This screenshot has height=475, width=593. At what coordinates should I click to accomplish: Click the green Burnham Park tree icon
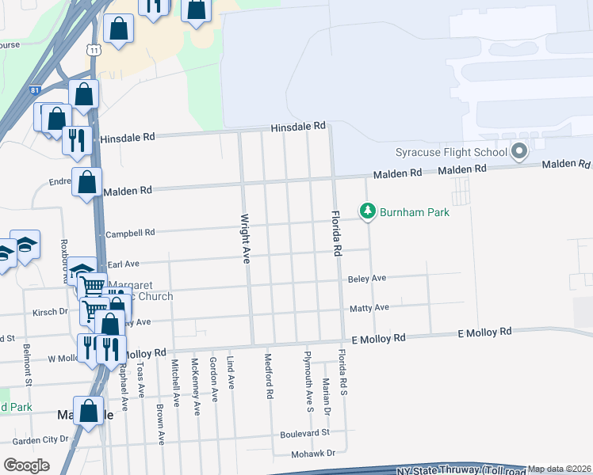367,211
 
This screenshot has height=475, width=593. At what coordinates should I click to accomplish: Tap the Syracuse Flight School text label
451,152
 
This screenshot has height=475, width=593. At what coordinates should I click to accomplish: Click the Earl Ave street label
124,264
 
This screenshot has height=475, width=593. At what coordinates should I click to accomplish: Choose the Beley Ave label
367,279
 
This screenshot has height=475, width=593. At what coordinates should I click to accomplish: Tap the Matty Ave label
369,307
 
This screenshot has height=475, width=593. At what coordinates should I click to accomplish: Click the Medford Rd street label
270,375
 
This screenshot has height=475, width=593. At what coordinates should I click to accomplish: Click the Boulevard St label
304,434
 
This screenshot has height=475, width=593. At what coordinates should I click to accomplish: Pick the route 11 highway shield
94,49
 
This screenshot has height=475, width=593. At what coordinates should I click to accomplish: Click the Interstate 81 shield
34,91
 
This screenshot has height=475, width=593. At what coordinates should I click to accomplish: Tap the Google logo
26,465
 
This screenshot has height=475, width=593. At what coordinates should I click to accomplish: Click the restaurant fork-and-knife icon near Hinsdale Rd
77,139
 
